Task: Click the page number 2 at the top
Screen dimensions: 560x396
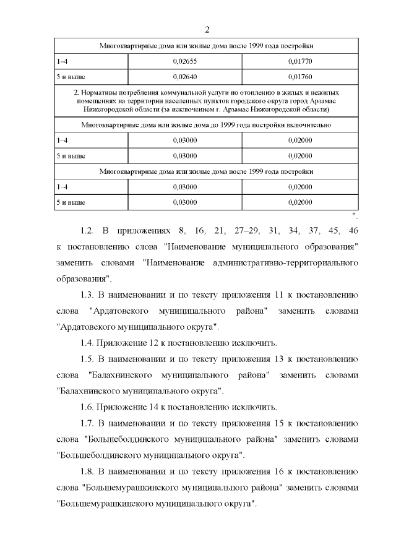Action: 207,29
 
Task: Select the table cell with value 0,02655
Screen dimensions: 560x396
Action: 184,62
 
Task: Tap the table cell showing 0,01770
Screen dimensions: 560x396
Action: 300,62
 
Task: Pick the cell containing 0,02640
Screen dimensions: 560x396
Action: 184,77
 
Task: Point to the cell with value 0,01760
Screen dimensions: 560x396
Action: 300,77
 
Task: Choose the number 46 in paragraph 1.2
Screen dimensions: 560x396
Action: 353,231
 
